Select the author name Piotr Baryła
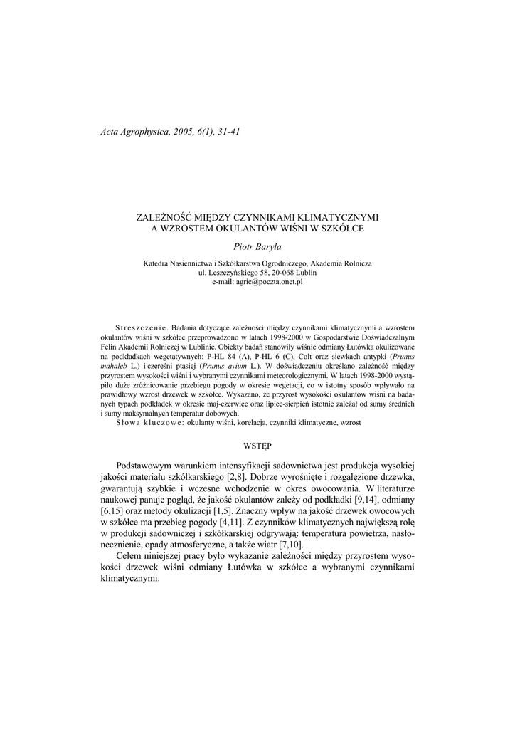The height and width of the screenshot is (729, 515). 257,246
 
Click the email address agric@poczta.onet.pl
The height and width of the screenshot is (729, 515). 257,282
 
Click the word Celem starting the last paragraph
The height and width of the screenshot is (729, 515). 132,555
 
